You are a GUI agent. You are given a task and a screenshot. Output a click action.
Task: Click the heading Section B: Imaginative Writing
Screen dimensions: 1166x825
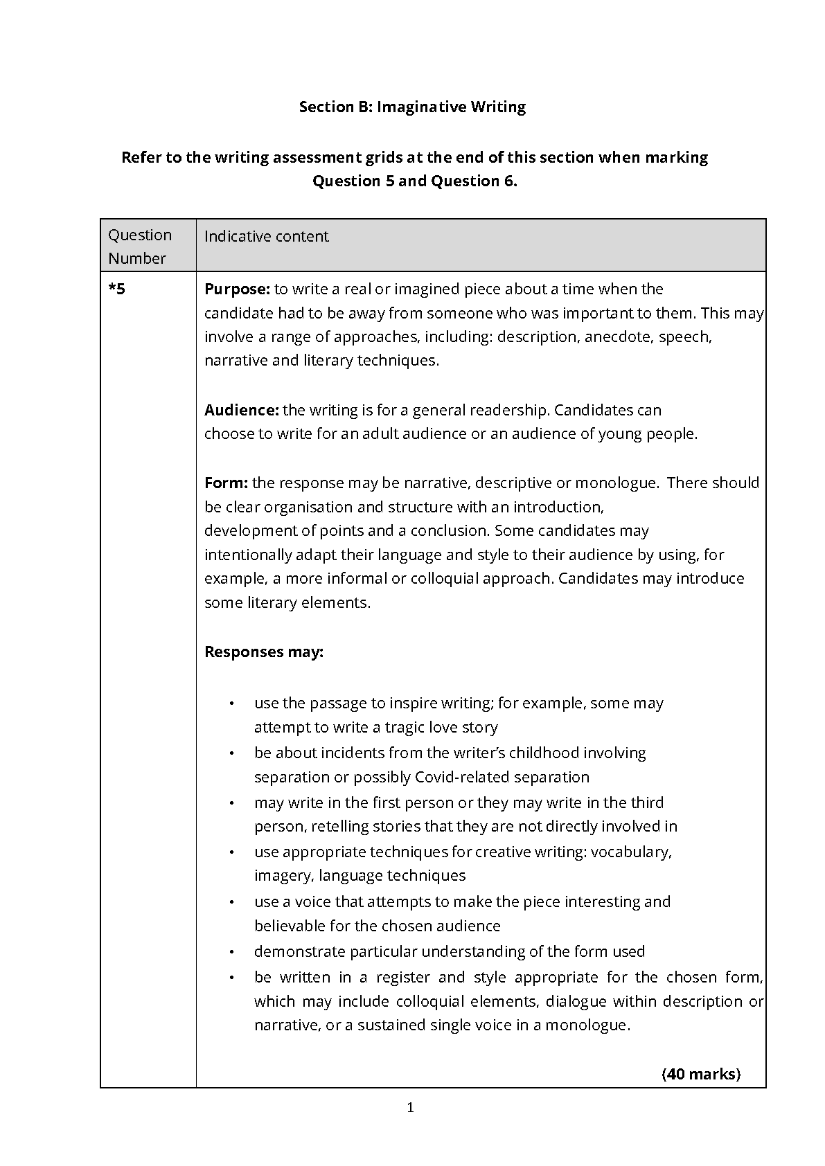click(412, 107)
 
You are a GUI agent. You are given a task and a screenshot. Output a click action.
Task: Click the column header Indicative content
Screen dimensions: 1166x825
click(266, 236)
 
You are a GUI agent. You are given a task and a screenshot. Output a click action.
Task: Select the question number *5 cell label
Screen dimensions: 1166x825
click(117, 289)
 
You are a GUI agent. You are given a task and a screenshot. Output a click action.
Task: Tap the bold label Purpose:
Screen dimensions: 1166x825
click(237, 289)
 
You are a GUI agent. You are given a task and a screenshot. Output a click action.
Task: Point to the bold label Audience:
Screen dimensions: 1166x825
click(241, 410)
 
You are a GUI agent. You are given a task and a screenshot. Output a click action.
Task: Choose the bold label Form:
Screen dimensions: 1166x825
click(226, 483)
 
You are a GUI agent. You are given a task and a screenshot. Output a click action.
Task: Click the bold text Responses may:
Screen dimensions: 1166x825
click(264, 652)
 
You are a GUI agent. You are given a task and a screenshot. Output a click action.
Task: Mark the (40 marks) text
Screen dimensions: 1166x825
click(701, 1074)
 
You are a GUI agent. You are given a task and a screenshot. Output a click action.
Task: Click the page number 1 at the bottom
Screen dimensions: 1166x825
click(411, 1108)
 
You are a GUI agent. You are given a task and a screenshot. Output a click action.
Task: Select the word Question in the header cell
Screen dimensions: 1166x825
click(140, 235)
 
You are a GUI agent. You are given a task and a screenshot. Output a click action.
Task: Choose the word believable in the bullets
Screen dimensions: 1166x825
click(291, 926)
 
